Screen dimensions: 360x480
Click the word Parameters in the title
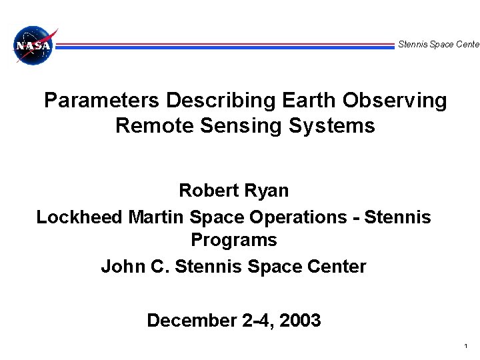coord(102,101)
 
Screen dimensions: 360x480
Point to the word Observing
coord(395,101)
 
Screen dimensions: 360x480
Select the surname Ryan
coord(268,191)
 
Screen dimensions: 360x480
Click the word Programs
coord(234,239)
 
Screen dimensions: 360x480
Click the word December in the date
coord(189,321)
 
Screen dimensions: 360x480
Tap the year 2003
coord(301,321)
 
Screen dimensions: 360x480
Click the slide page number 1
coord(465,347)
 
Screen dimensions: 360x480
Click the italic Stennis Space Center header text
coord(438,45)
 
